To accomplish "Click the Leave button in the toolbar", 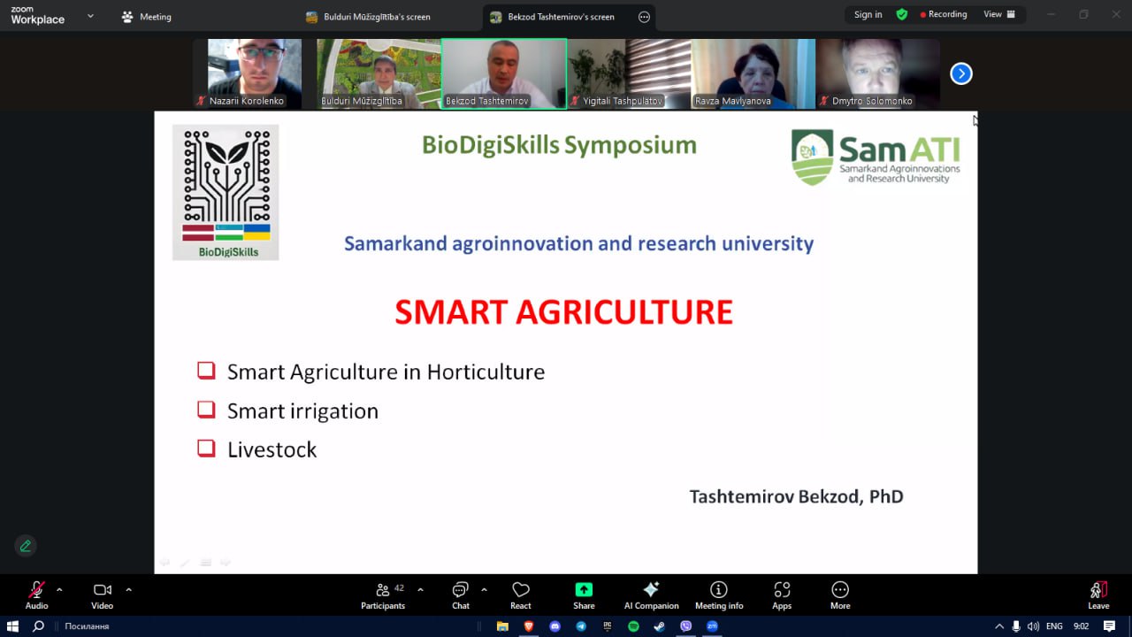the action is pyautogui.click(x=1098, y=595).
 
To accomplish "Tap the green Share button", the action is pyautogui.click(x=584, y=589).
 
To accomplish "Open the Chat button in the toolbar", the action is pyautogui.click(x=461, y=595).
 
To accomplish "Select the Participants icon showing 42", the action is pyautogui.click(x=383, y=589).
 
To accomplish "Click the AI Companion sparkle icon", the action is pyautogui.click(x=651, y=589).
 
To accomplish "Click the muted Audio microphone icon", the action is pyautogui.click(x=36, y=589).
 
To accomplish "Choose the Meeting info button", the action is pyautogui.click(x=719, y=595).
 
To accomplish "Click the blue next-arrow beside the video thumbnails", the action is pyautogui.click(x=960, y=73).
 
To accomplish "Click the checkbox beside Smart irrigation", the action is pyautogui.click(x=206, y=410).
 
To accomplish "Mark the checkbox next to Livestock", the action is pyautogui.click(x=206, y=449).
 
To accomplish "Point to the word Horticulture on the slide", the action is pyautogui.click(x=486, y=372).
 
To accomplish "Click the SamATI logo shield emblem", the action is pyautogui.click(x=812, y=157).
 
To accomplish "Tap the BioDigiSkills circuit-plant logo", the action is pyautogui.click(x=226, y=193).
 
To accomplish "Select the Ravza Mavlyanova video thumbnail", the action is pyautogui.click(x=753, y=73).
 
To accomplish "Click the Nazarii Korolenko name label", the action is pyautogui.click(x=246, y=101).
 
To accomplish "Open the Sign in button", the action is pyautogui.click(x=868, y=15).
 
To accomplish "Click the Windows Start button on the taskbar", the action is pyautogui.click(x=12, y=626).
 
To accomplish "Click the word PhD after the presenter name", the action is pyautogui.click(x=886, y=496).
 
